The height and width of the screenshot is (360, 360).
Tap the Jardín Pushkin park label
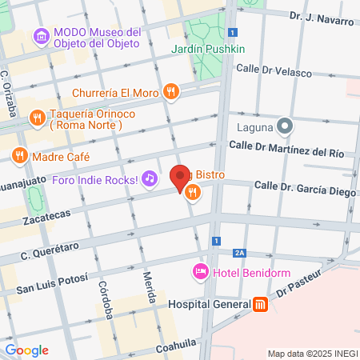208,50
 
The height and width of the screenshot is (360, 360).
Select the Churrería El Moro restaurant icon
170,91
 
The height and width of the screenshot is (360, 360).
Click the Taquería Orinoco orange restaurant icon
36,118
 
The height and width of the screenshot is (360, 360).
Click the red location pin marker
180,178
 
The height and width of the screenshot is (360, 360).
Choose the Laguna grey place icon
283,126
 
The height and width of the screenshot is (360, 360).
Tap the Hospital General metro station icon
260,304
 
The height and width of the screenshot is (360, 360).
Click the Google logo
26,350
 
